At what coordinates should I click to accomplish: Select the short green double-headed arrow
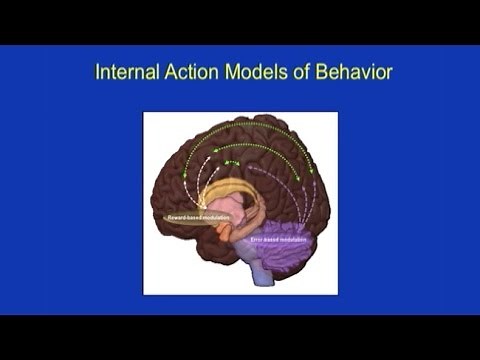pyautogui.click(x=231, y=161)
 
